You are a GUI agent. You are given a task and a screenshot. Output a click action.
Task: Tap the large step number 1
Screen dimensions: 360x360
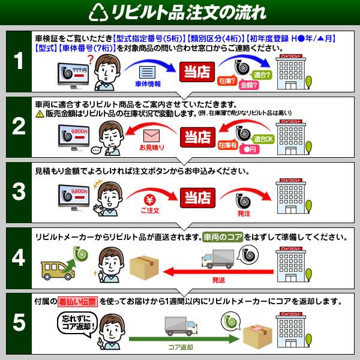point(19,62)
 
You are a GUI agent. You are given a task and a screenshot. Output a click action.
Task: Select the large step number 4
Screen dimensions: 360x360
point(19,257)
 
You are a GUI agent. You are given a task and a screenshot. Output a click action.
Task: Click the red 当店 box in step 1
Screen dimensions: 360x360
point(196,71)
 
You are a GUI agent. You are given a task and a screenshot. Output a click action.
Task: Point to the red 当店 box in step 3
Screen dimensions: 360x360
point(196,198)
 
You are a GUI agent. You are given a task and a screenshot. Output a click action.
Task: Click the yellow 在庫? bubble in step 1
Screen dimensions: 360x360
point(226,80)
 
